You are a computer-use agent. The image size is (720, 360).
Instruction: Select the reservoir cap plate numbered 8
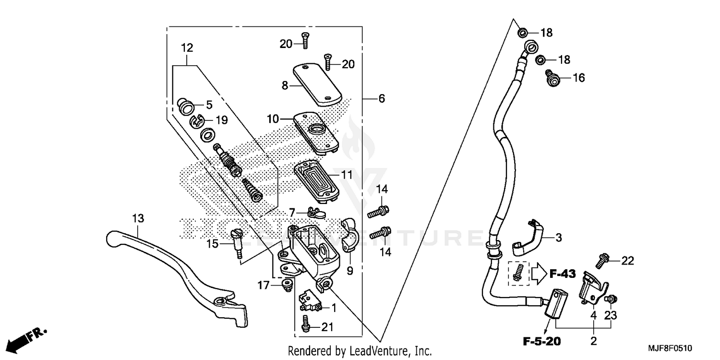(x=316, y=84)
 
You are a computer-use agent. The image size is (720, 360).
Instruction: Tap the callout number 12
(x=187, y=48)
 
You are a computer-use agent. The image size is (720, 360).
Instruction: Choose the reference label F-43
(x=563, y=275)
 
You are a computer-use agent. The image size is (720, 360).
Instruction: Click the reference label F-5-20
(x=541, y=342)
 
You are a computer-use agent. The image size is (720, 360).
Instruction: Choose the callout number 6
(x=381, y=98)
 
